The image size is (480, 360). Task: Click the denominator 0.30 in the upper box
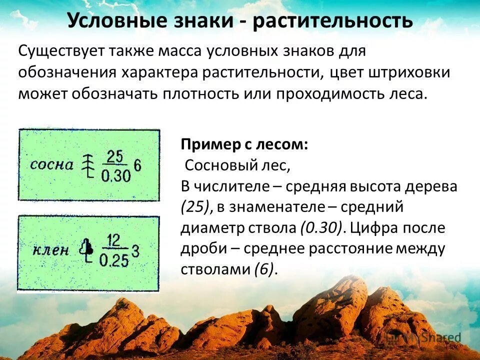pos(115,175)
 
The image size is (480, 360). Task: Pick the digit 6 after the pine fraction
pos(138,166)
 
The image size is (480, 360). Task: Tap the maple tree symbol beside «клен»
pos(88,249)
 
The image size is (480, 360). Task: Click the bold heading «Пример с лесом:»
pos(244,144)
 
